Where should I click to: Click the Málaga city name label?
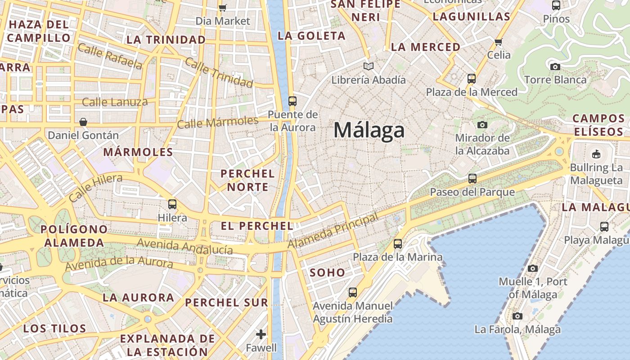coord(369,130)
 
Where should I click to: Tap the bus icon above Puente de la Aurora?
coord(292,101)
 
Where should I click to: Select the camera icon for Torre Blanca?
coord(555,67)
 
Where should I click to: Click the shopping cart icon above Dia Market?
coord(223,7)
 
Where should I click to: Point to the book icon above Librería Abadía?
coord(369,67)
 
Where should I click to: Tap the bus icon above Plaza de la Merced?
coord(472,79)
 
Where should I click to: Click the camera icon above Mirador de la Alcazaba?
coord(482,125)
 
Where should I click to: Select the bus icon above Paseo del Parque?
coord(472,179)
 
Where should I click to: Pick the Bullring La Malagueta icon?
coord(596,154)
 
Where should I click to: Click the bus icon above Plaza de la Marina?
coord(398,244)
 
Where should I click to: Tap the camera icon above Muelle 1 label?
coord(533,269)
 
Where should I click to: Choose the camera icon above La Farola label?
coord(517,316)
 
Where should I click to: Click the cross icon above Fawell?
coord(261,334)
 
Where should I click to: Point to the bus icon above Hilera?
coord(172,204)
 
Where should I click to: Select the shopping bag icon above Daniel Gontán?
coord(83,122)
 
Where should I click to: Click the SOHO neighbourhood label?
coord(328,273)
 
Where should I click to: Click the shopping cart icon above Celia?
coord(498,42)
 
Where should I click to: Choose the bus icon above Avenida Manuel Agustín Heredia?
coord(353,292)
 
